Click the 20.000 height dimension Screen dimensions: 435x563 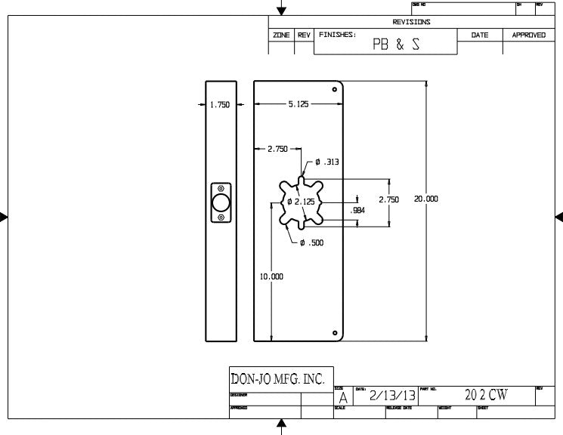click(425, 199)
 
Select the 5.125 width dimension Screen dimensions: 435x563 click(298, 105)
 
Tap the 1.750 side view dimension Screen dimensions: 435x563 click(219, 106)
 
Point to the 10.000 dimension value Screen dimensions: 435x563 click(271, 277)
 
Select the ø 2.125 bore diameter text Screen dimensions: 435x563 click(300, 202)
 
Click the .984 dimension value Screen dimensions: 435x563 click(358, 211)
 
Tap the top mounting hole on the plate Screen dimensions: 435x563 click(334, 89)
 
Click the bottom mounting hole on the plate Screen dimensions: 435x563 click(334, 332)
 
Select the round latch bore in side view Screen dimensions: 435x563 click(221, 202)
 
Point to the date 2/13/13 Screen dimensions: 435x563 click(391, 395)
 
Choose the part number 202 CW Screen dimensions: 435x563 click(485, 395)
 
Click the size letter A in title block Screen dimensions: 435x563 click(343, 396)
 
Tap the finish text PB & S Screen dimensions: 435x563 click(396, 45)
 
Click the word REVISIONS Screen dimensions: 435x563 click(411, 22)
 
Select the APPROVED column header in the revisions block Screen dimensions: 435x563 click(528, 35)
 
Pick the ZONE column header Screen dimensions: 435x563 click(281, 35)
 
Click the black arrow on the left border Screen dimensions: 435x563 click(4, 217)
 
